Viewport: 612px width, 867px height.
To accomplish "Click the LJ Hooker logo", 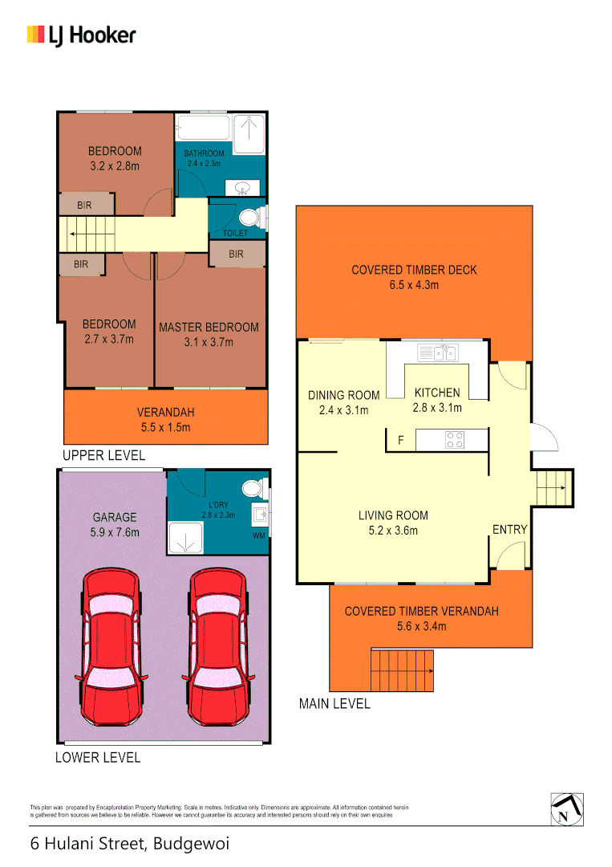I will point(81,35).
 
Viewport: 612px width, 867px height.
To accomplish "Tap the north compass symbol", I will point(567,809).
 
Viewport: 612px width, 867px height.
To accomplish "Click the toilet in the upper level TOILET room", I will point(249,217).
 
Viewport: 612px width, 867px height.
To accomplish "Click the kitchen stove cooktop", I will point(456,440).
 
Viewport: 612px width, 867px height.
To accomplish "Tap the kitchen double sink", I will point(437,352).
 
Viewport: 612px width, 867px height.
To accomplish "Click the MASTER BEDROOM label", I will point(209,328).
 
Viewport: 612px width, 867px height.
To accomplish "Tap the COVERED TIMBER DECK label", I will point(414,270).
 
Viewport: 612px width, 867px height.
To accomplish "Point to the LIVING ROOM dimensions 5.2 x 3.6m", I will point(393,530).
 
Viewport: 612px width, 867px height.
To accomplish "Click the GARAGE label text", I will point(114,518).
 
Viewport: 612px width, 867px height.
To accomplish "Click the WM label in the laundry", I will point(258,535).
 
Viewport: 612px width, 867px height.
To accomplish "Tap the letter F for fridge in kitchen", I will point(400,440).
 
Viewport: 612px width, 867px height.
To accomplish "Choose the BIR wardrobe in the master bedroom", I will point(237,254).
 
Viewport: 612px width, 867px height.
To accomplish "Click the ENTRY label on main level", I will point(509,530).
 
